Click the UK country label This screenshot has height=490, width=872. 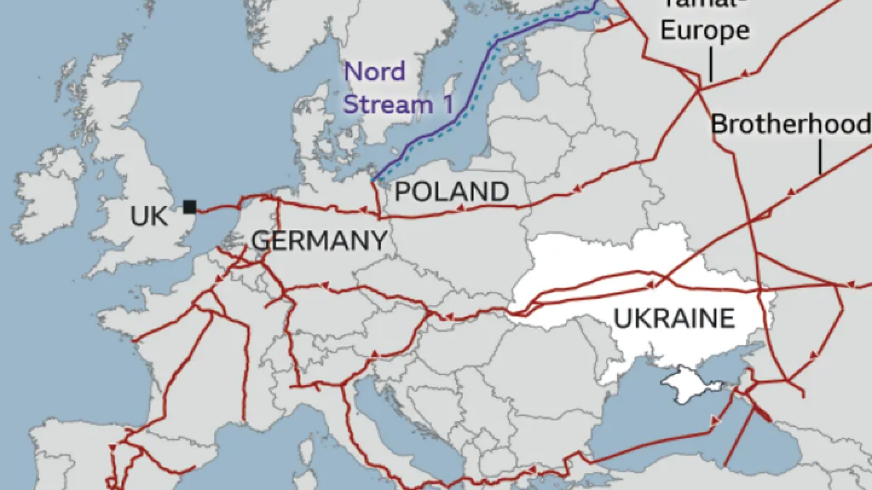click(x=149, y=216)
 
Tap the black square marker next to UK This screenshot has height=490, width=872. click(x=190, y=207)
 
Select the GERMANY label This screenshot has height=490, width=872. click(x=319, y=240)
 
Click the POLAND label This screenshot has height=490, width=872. click(x=451, y=191)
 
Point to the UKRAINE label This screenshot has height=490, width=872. click(x=674, y=318)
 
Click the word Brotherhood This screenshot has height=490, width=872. click(x=790, y=124)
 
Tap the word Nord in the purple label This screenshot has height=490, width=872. click(x=375, y=72)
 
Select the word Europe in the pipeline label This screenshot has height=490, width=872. click(x=704, y=30)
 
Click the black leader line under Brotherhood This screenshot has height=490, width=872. click(x=820, y=157)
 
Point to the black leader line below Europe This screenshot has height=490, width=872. click(x=711, y=66)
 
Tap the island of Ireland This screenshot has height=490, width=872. click(x=50, y=195)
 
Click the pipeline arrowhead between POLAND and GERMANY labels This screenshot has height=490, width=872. click(x=363, y=210)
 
